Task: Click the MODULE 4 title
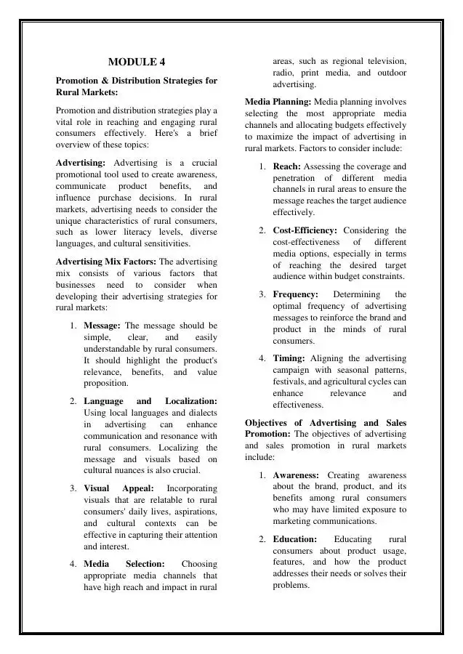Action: pos(137,62)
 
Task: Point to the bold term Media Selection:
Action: pos(124,564)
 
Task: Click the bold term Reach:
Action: pos(286,166)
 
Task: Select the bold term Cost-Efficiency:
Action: pos(305,230)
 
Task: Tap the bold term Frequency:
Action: pos(295,294)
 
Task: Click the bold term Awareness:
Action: pos(296,475)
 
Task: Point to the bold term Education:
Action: pos(294,539)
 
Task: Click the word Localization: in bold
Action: pos(191,401)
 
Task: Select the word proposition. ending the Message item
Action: pos(106,384)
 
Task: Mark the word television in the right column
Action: pos(383,62)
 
